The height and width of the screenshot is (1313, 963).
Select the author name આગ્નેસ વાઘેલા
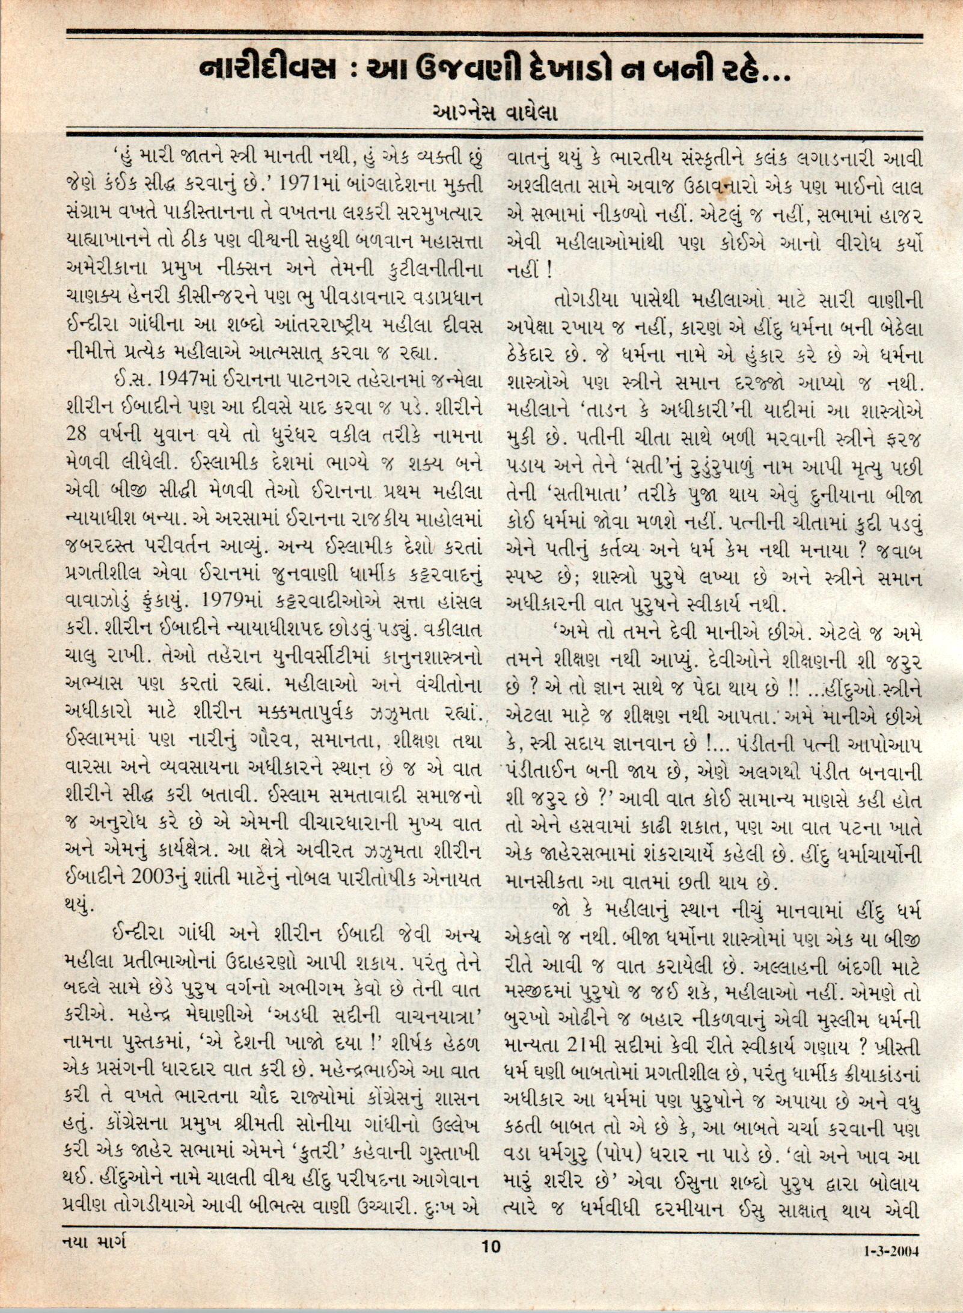(493, 113)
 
